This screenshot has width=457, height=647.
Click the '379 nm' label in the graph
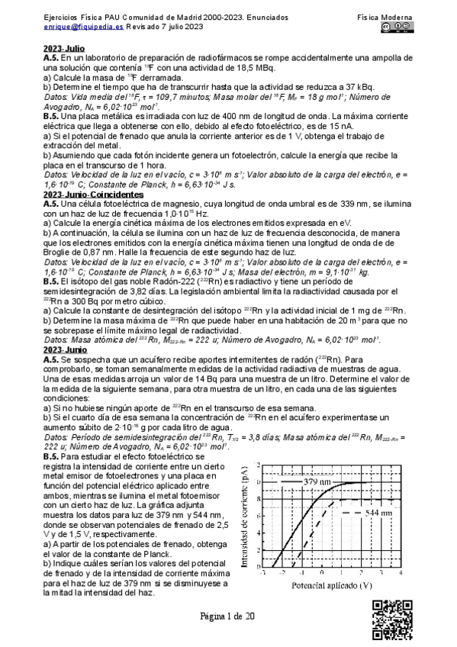317,482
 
